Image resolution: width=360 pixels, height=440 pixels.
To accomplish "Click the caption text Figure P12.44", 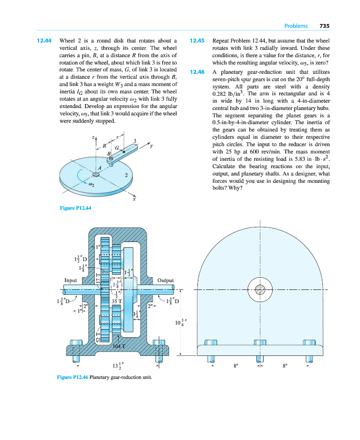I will pos(75,208).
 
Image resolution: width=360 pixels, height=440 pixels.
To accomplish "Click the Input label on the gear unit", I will pos(72,280).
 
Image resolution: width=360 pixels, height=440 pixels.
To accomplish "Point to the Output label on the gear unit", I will pos(166,280).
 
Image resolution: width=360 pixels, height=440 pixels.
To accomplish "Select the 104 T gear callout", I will pos(120,346).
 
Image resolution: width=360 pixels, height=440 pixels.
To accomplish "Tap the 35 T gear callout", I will pos(117,302).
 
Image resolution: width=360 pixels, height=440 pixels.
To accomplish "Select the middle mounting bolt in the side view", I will pos(260,352).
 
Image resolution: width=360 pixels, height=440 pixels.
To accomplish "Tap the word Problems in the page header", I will pos(296,26).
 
